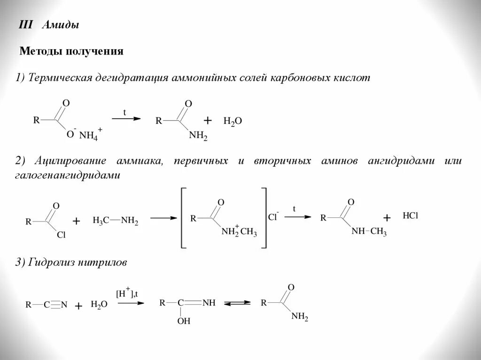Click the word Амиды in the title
(x=60, y=25)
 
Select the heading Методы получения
(x=71, y=51)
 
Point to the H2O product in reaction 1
(x=233, y=121)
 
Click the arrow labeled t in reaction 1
(x=126, y=119)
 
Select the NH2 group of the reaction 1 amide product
(x=198, y=136)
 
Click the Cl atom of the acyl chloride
(x=61, y=236)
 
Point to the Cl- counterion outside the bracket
(x=273, y=217)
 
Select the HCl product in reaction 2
(x=410, y=216)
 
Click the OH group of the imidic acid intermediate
(x=184, y=322)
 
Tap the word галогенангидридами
(x=67, y=175)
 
